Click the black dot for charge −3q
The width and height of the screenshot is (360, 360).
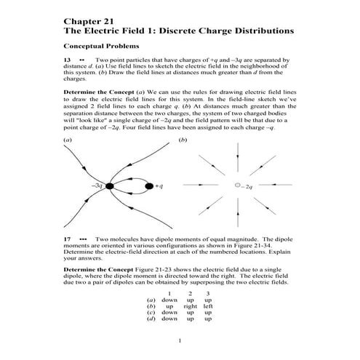point(109,187)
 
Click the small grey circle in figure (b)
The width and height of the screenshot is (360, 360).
point(236,187)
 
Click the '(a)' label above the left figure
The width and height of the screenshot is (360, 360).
point(68,139)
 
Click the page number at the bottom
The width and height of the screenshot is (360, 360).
point(180,342)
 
